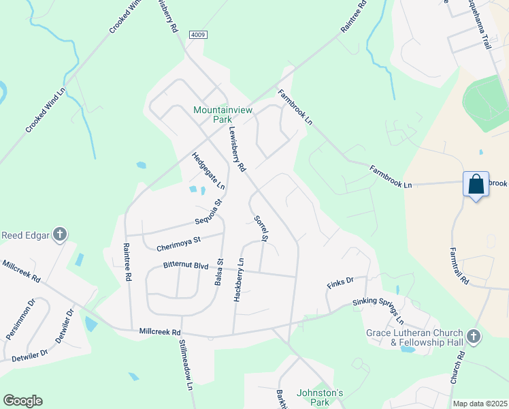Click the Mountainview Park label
pos(213,114)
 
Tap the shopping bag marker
pos(476,184)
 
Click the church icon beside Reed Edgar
pos(60,235)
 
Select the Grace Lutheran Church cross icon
pos(474,337)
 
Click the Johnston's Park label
pos(321,397)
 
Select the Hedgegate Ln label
pos(208,170)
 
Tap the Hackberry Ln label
pos(239,280)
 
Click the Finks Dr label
pos(341,280)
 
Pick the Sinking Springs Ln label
pos(378,311)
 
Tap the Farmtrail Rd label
pos(459,265)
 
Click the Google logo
pos(22,401)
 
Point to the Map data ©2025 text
pos(480,404)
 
